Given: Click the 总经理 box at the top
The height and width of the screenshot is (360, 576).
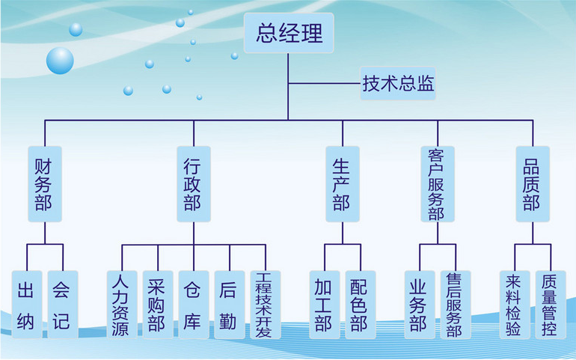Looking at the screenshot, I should coord(289,34).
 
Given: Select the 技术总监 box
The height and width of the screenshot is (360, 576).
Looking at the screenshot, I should coord(398,83).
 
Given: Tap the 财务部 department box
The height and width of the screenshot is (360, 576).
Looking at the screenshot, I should coord(44,183).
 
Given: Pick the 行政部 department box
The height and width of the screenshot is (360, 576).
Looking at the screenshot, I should coord(193,183).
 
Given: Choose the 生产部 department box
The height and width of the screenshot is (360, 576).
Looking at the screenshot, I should coord(343,183).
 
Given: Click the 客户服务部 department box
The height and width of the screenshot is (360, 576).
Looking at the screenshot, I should coord(437,183).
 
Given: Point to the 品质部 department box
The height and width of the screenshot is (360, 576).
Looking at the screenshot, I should coord(532,183).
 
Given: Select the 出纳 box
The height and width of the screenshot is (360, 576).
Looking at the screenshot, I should coord(26,304).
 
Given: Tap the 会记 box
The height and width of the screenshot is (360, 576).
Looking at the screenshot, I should coord(62,304).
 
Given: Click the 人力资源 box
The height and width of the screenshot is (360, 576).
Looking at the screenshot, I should coord(121,304).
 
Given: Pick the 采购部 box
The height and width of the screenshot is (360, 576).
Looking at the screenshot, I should coord(157,304).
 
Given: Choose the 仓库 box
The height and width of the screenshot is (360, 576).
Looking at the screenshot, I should coord(193,304).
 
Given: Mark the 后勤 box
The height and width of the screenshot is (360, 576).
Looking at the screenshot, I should coord(229,304).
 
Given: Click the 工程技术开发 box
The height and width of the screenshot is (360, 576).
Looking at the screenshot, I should coord(264,304).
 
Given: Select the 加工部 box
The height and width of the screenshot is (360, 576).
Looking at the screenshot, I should coord(324,304).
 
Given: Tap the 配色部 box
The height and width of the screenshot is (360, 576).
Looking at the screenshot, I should coord(360,304).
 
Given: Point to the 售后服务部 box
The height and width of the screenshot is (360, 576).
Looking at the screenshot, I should coord(454,304).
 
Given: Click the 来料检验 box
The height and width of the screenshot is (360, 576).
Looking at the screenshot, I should coord(514,304).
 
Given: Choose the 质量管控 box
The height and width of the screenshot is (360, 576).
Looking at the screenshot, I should coord(550,304).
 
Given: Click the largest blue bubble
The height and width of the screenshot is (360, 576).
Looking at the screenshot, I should coord(60,60).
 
